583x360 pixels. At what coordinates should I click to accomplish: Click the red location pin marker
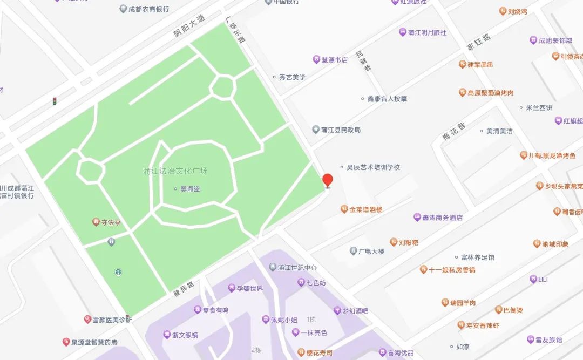click(327, 180)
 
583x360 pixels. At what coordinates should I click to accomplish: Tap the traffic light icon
click(54, 101)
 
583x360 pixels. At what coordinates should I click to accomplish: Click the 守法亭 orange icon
click(96, 222)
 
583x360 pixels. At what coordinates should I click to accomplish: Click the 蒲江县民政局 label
click(340, 130)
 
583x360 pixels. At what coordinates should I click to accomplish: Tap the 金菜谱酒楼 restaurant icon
click(344, 209)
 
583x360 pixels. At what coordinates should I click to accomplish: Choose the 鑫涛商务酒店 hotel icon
click(417, 218)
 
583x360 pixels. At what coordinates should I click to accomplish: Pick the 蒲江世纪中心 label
click(297, 268)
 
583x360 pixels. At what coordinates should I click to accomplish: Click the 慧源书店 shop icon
click(316, 59)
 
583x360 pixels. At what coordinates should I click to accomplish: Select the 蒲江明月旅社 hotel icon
click(402, 32)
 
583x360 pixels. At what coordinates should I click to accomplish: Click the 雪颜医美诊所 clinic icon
click(87, 320)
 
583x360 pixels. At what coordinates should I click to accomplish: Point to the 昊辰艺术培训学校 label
click(373, 167)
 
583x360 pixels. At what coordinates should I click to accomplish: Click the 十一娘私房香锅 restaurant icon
click(424, 269)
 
